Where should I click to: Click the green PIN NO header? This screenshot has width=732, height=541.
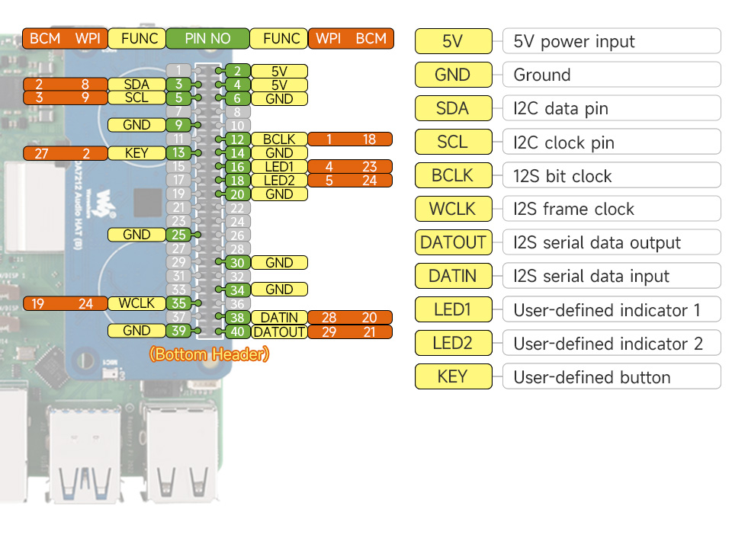point(207,38)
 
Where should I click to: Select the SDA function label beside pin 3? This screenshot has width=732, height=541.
point(136,85)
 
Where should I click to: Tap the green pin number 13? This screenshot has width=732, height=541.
point(178,153)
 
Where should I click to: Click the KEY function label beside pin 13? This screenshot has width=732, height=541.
point(136,153)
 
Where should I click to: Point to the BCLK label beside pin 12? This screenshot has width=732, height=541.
point(279,139)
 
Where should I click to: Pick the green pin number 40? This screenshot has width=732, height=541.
point(238,331)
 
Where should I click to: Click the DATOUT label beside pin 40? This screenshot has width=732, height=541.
point(279,331)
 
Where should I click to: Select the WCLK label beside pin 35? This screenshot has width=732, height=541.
point(136,303)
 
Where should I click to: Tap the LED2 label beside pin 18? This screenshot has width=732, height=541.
point(279,181)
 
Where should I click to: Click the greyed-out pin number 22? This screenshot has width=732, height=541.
point(238,208)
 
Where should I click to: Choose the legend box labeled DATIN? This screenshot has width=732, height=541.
point(453,276)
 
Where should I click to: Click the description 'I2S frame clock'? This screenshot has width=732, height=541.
point(573,209)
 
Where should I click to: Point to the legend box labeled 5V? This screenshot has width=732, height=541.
point(453,41)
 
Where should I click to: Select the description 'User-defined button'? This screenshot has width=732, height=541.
point(592,377)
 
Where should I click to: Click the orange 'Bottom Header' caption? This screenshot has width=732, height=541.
point(209,354)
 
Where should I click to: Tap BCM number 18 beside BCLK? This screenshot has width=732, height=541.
point(369,139)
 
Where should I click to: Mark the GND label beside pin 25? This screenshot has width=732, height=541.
point(136,235)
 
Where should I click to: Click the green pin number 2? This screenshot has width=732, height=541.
point(238,71)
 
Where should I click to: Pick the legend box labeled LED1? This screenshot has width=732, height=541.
point(453,309)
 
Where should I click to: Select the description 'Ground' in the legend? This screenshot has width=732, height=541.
point(542,75)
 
